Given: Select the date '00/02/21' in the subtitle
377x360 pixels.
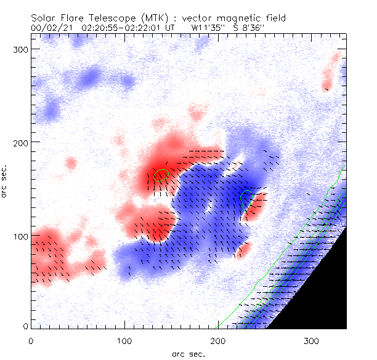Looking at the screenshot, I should point(51,28).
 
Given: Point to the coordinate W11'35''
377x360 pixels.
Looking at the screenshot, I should point(208,28).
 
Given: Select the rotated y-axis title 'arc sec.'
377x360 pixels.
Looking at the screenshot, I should point(4,181).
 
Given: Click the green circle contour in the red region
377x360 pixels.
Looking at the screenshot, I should point(161,175).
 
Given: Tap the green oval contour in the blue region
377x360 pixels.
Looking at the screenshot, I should point(246,198).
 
